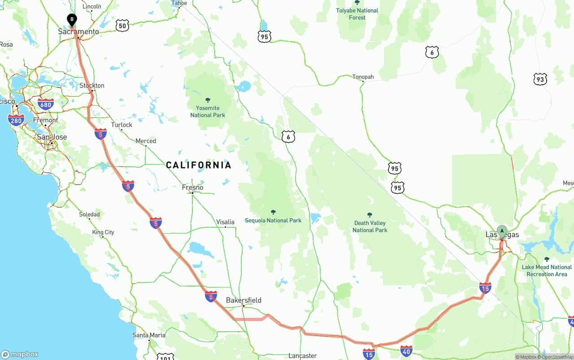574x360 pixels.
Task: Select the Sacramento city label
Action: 78,32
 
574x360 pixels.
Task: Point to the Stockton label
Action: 92,86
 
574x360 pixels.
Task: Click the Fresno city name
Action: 192,187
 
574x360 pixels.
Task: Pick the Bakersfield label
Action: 244,300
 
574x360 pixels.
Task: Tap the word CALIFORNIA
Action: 199,165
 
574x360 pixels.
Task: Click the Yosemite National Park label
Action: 208,111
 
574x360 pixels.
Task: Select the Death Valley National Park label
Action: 370,226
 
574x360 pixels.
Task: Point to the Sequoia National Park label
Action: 273,220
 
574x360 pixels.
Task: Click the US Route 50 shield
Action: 122,26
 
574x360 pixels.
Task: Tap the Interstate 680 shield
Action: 46,104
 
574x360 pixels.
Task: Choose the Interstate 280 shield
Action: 16,120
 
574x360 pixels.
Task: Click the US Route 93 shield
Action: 540,79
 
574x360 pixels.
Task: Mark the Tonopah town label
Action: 363,77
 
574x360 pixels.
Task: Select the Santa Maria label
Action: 149,335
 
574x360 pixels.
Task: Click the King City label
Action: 103,232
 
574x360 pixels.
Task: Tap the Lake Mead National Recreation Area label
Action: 547,270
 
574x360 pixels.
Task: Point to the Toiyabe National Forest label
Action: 357,14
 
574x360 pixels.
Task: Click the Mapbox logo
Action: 20,354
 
